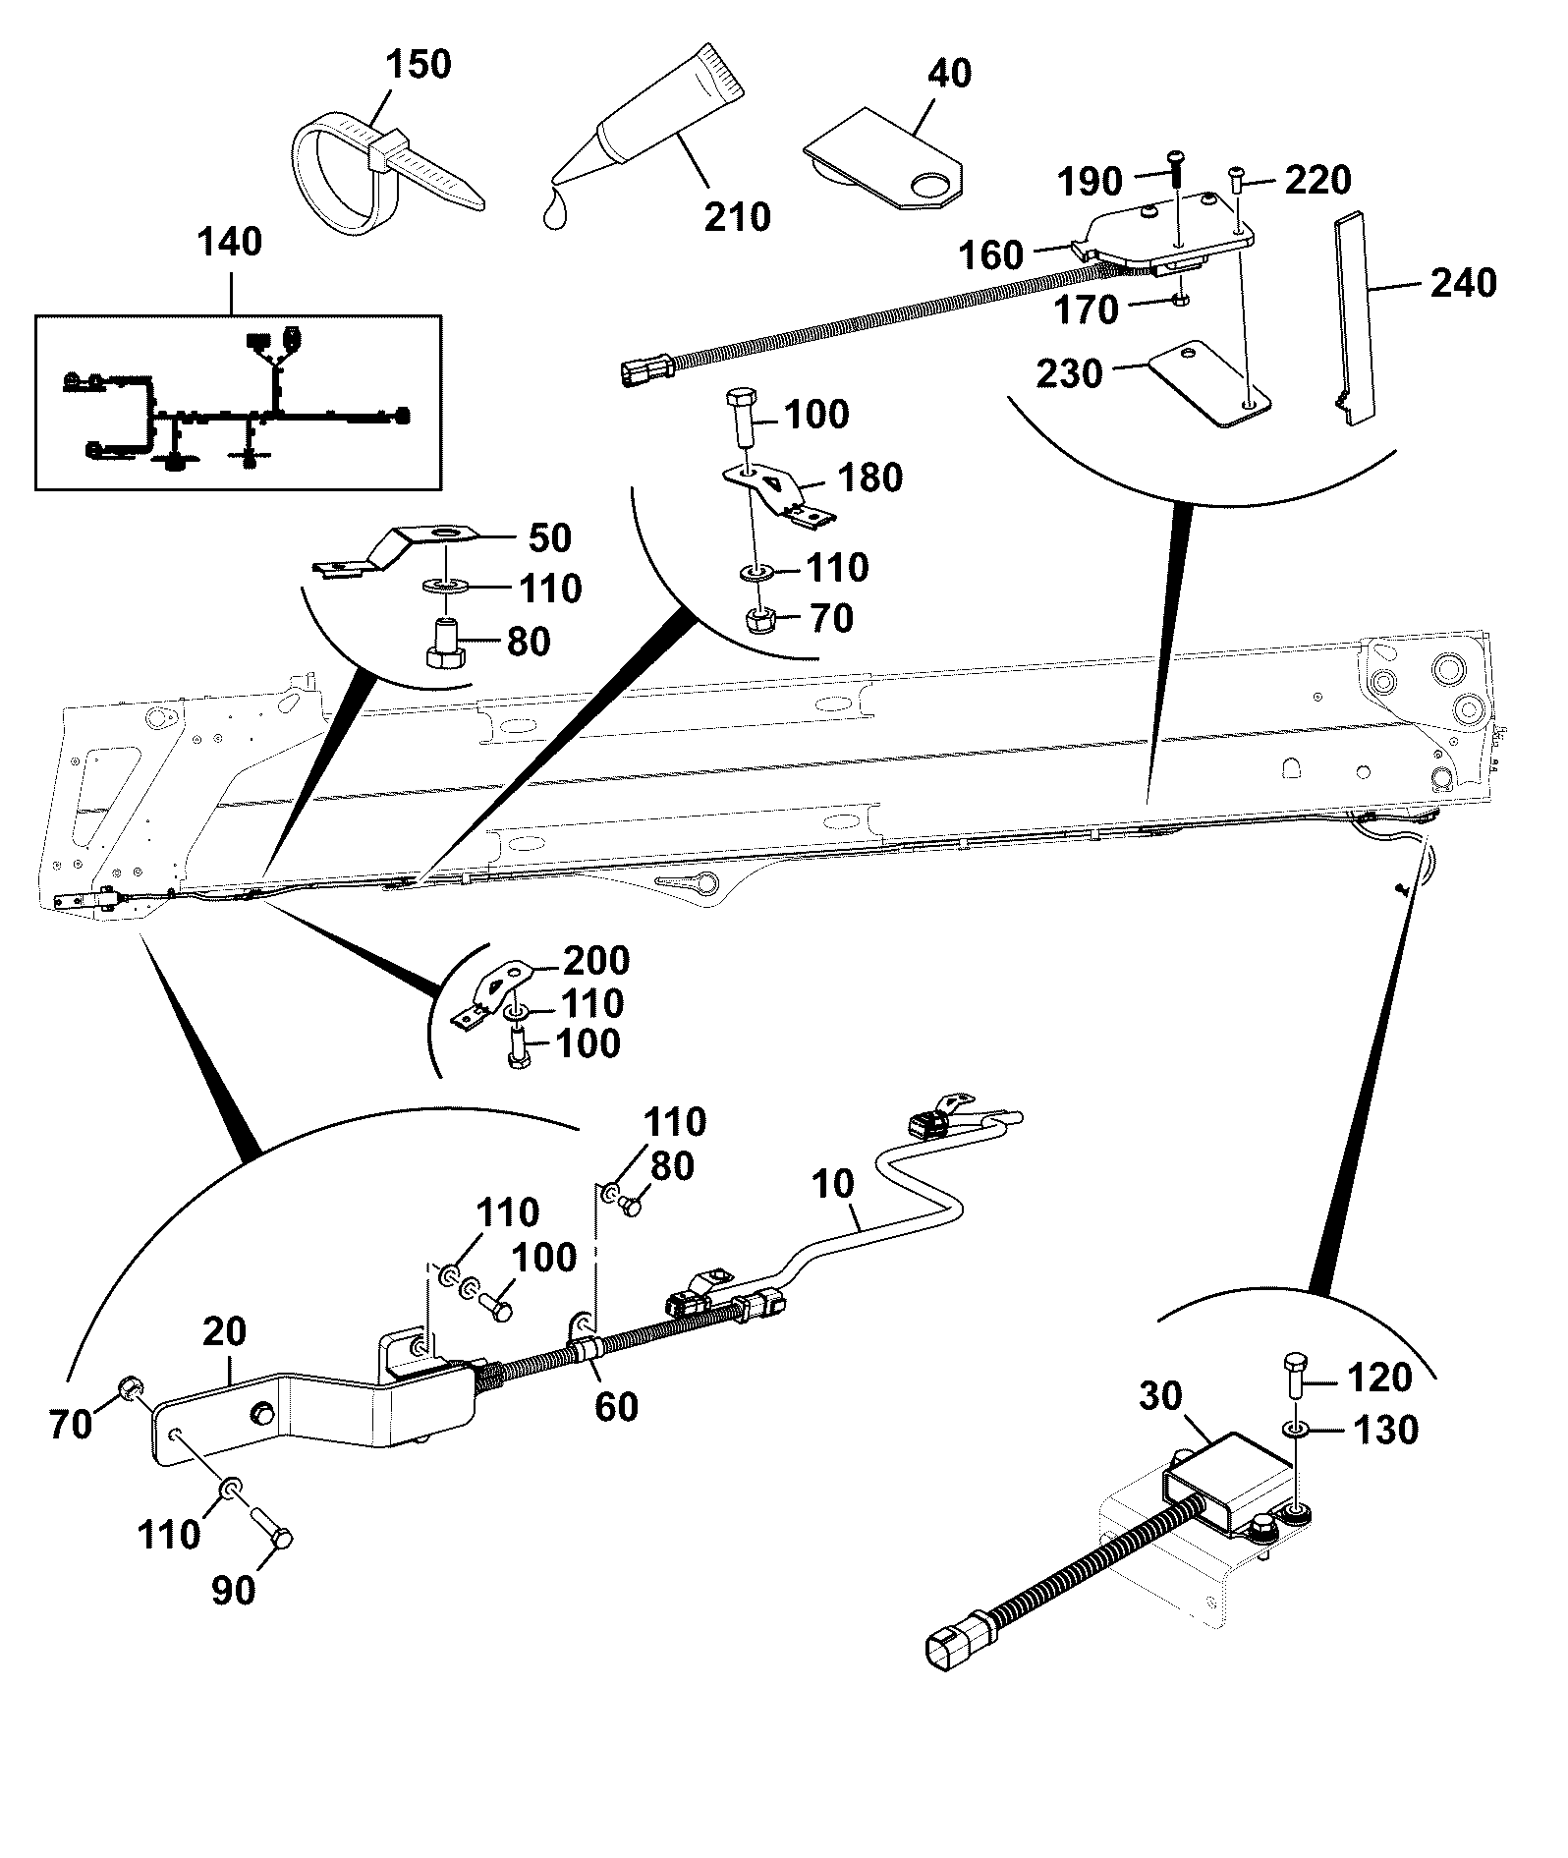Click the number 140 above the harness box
(233, 242)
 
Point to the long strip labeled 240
(1356, 316)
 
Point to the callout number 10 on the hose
(834, 1183)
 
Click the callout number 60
(616, 1406)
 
